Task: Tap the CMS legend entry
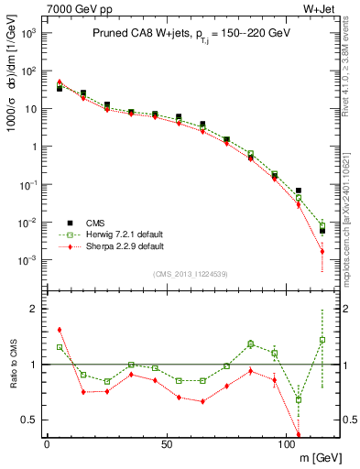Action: (96, 223)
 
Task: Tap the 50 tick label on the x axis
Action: (166, 443)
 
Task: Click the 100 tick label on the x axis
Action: (286, 443)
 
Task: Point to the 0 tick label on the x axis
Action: (47, 443)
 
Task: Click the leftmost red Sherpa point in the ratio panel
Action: (60, 330)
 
